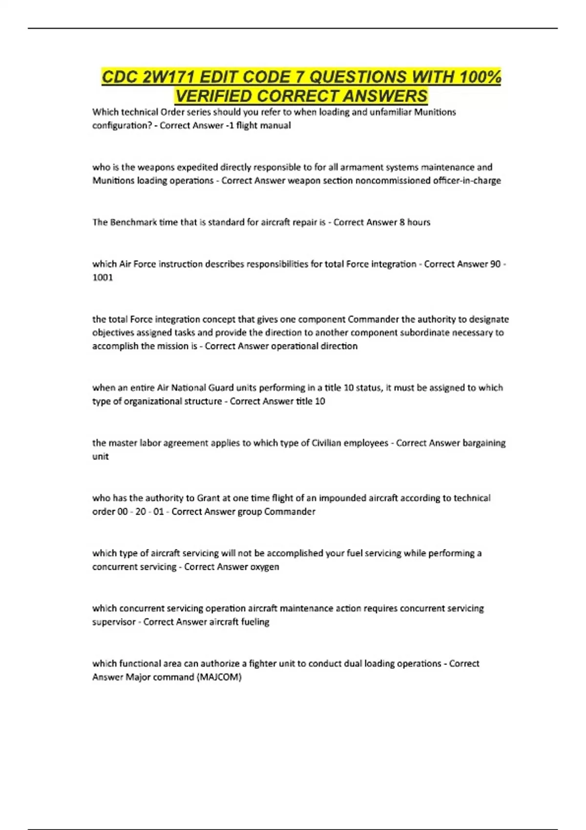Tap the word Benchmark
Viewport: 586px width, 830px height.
133,223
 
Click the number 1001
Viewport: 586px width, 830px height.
103,278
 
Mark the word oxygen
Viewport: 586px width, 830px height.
265,567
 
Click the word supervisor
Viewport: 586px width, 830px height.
114,622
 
